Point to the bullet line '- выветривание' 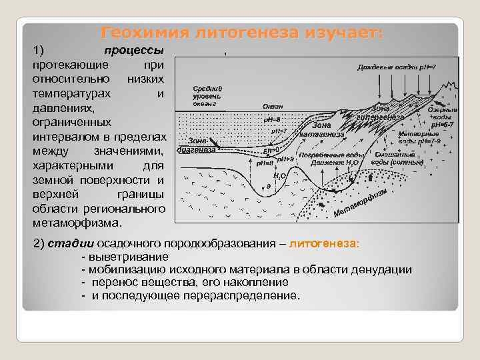coord(125,257)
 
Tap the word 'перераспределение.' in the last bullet coord(247,295)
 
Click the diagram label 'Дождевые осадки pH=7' coord(396,67)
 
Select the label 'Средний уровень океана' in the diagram coord(207,96)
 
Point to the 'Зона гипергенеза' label coord(381,113)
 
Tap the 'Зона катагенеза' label coord(322,129)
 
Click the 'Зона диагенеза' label coord(197,145)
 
